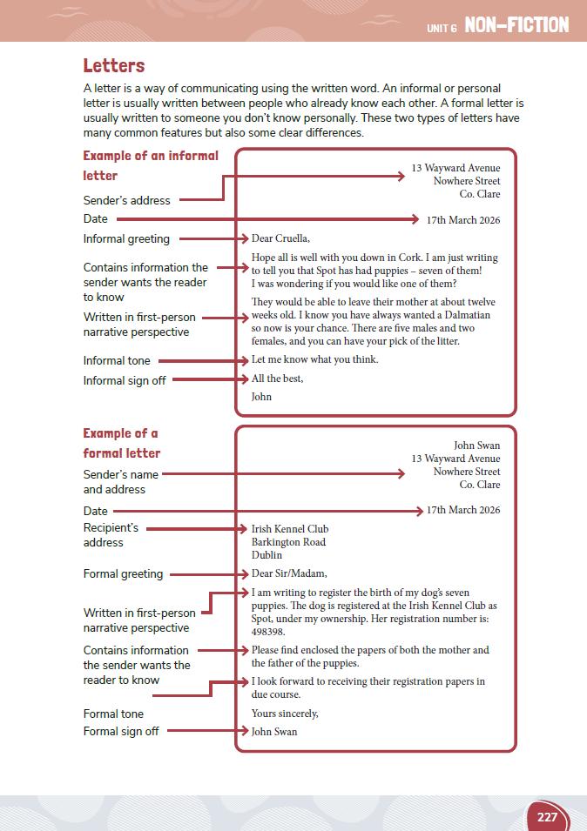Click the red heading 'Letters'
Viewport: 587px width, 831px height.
(114, 66)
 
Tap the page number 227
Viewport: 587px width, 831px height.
(547, 817)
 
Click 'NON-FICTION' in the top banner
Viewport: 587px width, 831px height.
(516, 25)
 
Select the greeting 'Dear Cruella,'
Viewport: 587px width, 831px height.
(280, 238)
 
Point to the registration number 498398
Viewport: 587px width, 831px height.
(268, 632)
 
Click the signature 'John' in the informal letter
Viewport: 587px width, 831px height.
(261, 397)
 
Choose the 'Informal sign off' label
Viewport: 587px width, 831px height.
(125, 380)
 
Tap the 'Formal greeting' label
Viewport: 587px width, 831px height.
(123, 573)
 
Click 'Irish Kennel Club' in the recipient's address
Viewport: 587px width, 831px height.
(290, 529)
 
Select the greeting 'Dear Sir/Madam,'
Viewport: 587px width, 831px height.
(289, 573)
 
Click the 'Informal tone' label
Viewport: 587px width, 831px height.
(117, 360)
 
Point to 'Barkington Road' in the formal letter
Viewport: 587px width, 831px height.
(288, 542)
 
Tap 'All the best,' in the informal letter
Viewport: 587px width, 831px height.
(277, 379)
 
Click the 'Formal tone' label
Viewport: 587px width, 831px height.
(113, 714)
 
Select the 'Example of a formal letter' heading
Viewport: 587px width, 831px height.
(122, 443)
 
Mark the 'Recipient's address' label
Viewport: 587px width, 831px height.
(111, 535)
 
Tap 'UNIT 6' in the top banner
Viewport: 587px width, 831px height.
(442, 28)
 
